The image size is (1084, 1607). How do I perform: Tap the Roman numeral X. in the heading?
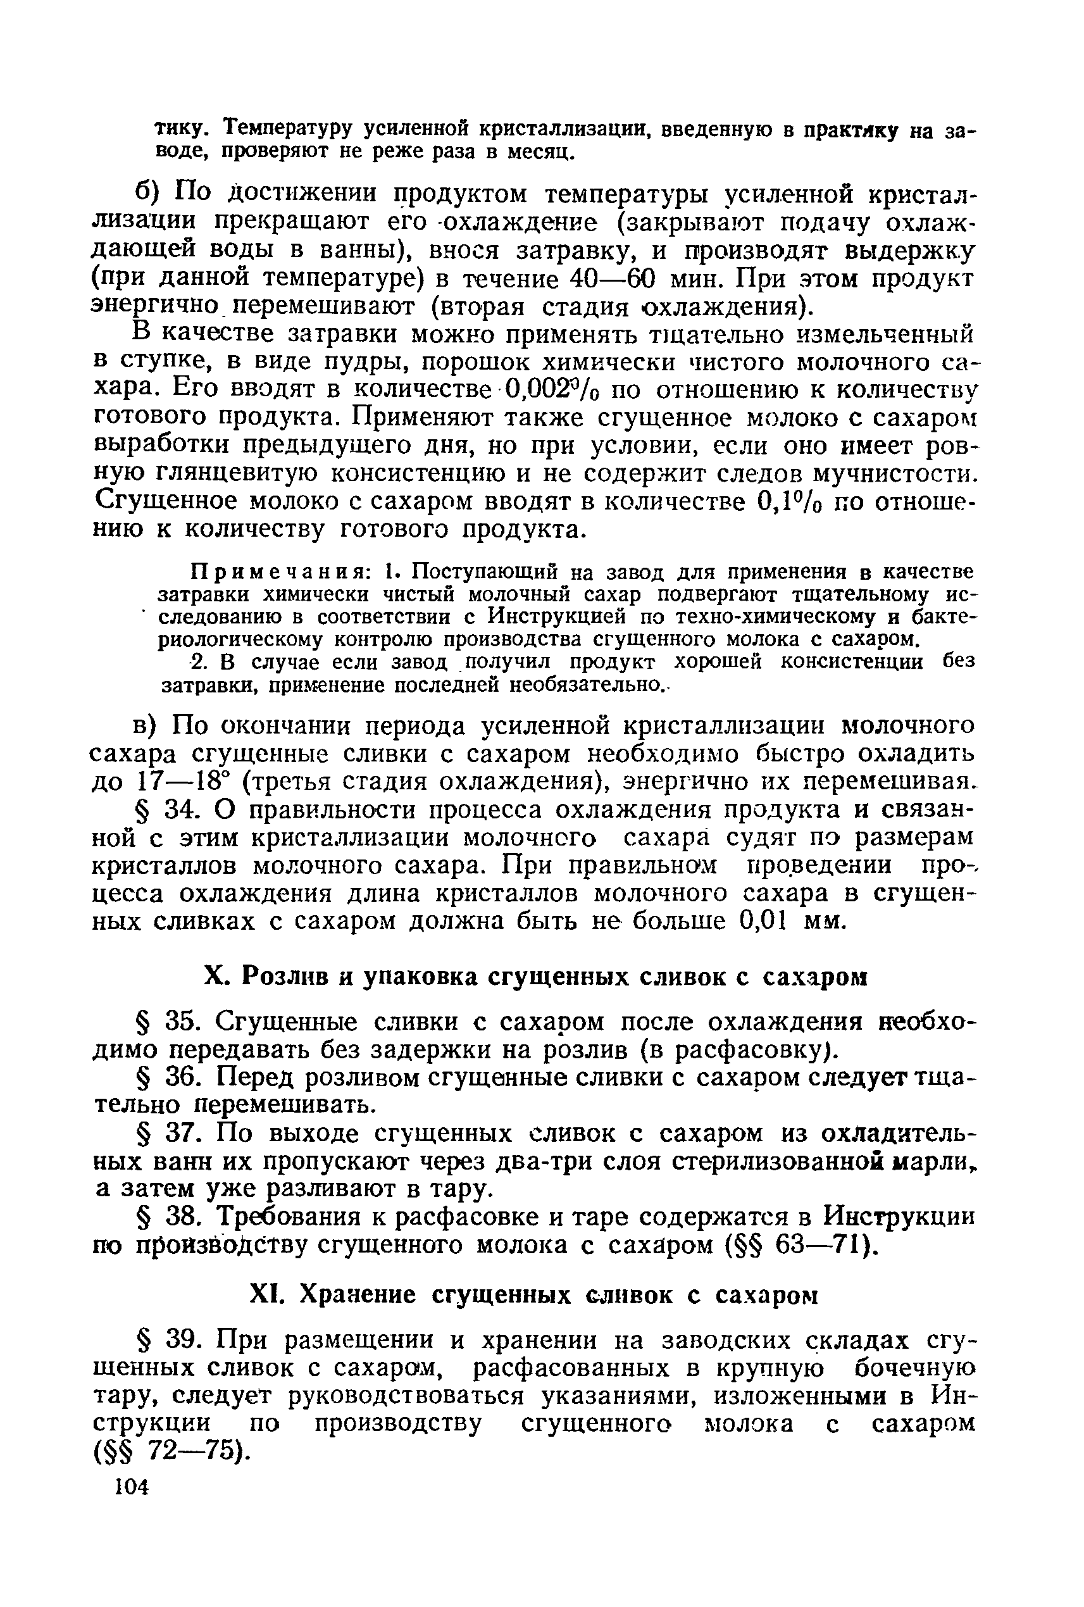213,977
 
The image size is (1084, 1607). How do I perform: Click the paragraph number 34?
182,809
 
